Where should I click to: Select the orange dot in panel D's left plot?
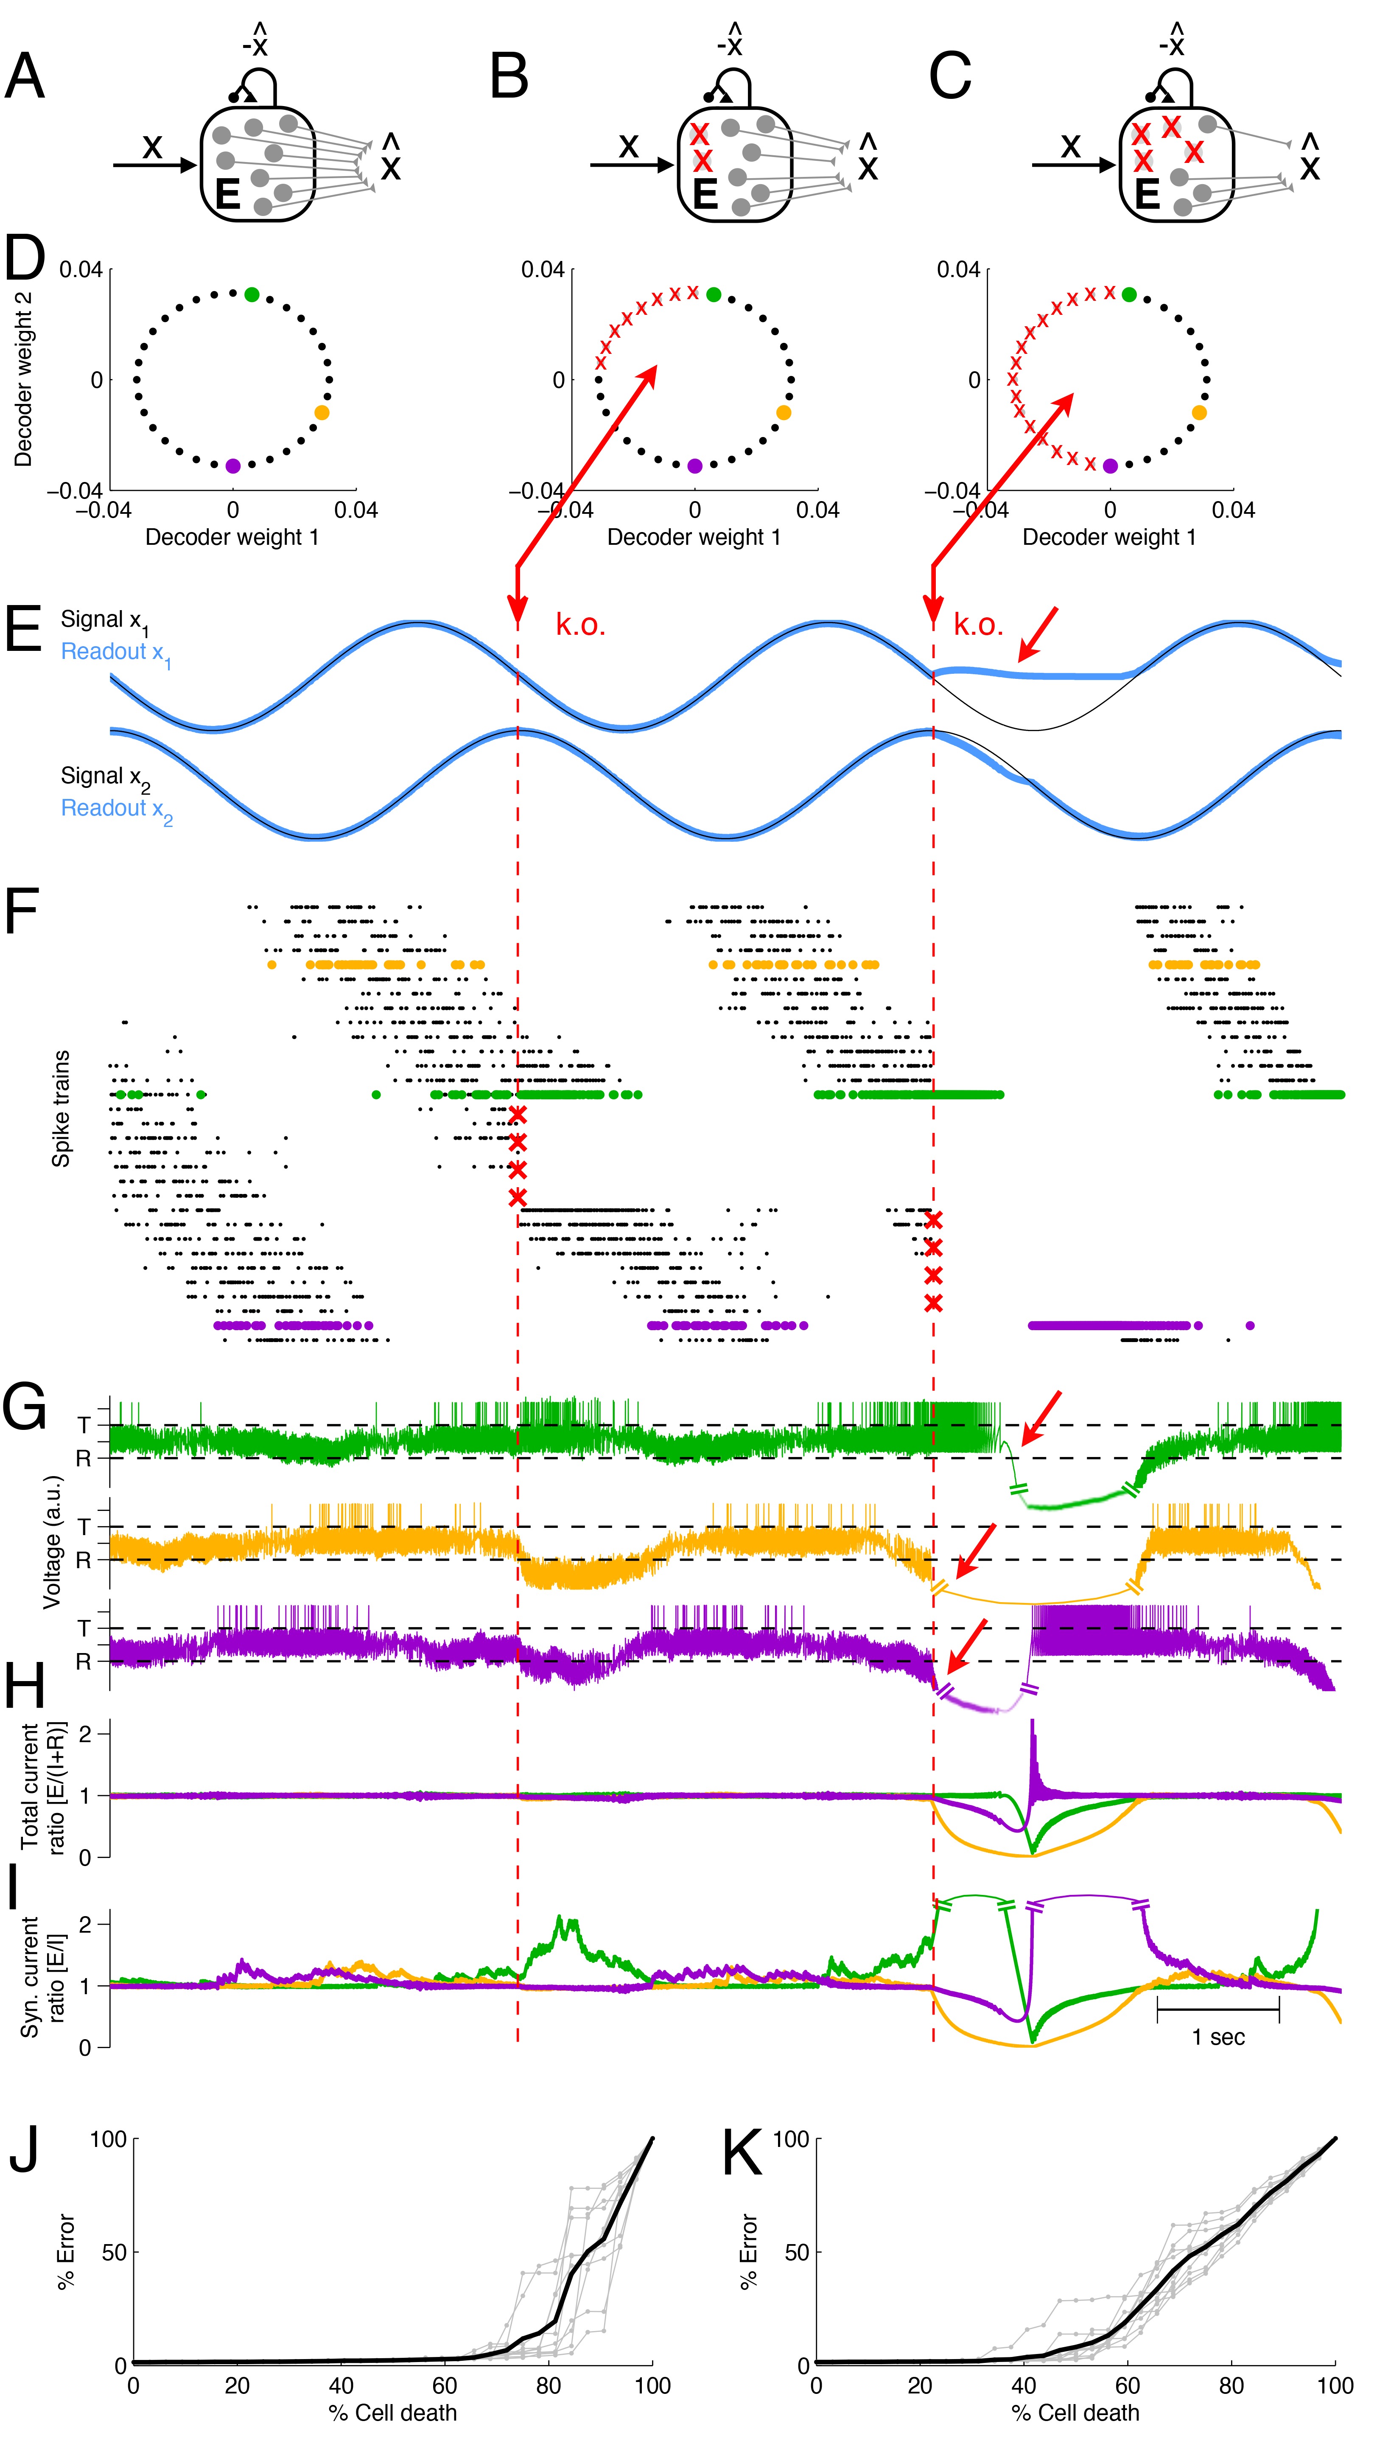pos(322,413)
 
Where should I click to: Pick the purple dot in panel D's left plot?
pos(233,465)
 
